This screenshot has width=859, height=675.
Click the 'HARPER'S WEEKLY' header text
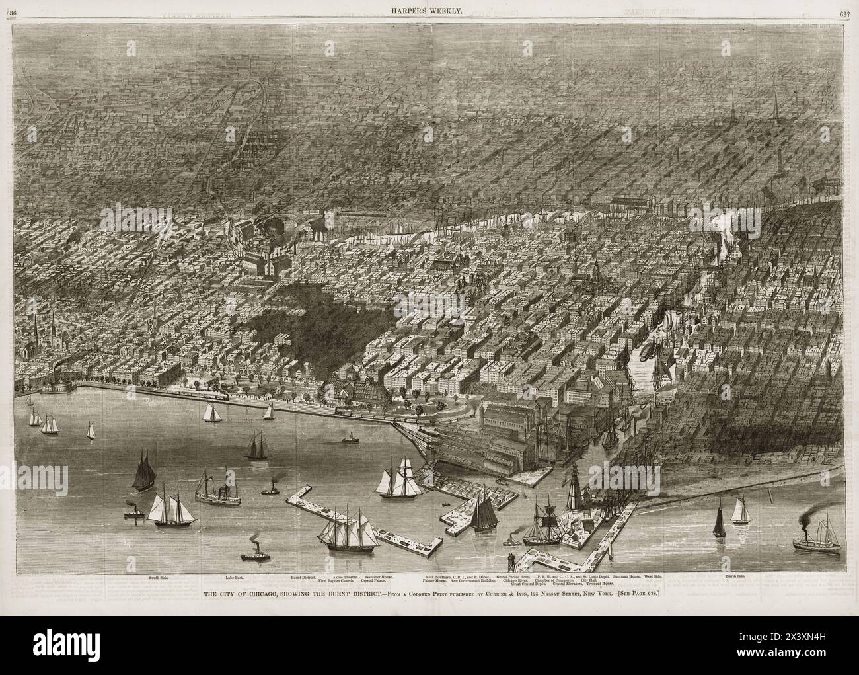tap(430, 9)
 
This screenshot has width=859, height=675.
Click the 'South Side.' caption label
tap(159, 577)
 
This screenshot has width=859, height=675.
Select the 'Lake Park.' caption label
tap(234, 577)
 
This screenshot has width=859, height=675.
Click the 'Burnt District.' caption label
tap(304, 577)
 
